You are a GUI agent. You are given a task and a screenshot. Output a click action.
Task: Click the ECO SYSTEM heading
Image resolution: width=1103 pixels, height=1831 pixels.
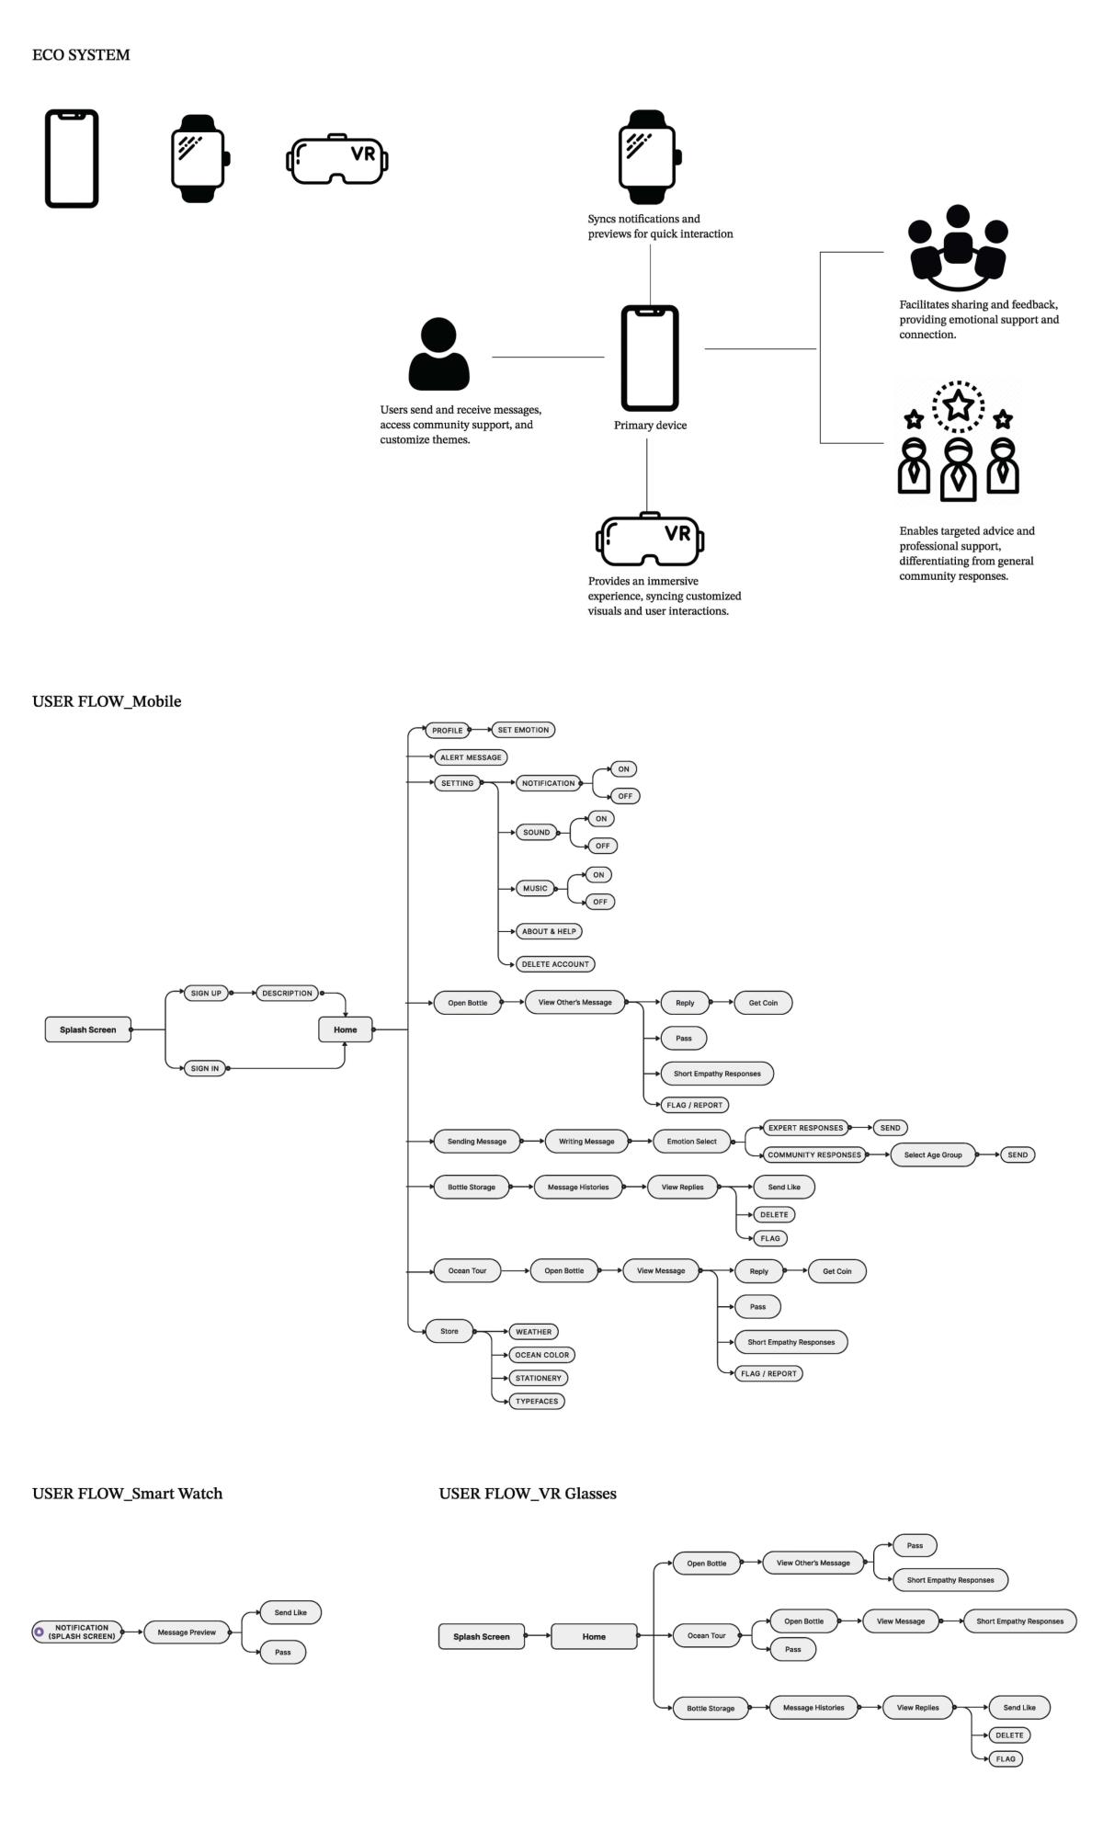click(x=81, y=55)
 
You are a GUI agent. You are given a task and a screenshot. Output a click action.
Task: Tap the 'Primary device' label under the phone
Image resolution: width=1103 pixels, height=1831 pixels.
click(x=650, y=426)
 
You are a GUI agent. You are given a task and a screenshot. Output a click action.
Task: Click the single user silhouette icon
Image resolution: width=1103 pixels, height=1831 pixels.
click(x=438, y=354)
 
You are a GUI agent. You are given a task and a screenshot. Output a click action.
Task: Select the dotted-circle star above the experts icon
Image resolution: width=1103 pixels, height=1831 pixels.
click(x=958, y=405)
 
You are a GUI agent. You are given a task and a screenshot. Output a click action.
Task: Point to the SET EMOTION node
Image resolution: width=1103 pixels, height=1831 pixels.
click(x=523, y=730)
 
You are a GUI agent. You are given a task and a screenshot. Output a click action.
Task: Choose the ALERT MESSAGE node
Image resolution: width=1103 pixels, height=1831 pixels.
click(x=471, y=757)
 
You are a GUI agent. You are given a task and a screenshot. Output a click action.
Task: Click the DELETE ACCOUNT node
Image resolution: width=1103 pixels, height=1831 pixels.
click(x=555, y=964)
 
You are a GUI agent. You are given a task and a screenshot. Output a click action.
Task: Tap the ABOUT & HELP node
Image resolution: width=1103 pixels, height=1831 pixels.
click(x=549, y=931)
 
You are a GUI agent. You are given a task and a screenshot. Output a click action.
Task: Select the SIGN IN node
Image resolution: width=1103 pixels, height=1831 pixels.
click(x=205, y=1068)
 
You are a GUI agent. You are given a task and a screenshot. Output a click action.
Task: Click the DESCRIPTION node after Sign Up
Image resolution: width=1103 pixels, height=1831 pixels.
click(x=287, y=993)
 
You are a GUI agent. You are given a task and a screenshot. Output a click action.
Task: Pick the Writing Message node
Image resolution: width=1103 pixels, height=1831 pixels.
click(x=586, y=1142)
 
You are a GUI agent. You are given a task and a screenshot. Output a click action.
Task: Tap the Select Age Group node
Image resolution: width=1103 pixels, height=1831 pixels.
click(x=932, y=1154)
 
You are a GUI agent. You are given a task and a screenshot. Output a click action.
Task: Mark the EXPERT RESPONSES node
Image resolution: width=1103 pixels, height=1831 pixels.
click(x=805, y=1128)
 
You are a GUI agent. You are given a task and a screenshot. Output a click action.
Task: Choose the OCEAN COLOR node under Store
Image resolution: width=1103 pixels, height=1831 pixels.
click(x=541, y=1355)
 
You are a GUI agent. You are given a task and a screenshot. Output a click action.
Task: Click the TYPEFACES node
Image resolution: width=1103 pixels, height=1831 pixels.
click(x=537, y=1401)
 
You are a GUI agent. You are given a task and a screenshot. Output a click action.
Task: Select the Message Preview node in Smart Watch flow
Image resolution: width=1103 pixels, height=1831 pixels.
click(x=187, y=1632)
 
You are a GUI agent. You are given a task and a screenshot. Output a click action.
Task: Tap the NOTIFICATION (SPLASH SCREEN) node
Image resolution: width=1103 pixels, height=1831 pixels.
click(x=81, y=1632)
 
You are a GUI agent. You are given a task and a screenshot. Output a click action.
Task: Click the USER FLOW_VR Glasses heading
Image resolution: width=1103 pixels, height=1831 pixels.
click(x=528, y=1494)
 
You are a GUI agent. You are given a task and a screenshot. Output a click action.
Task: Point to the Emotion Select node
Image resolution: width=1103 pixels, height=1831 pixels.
click(x=691, y=1142)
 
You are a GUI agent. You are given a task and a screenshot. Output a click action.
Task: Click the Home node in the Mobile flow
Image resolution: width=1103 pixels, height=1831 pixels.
click(x=346, y=1029)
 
